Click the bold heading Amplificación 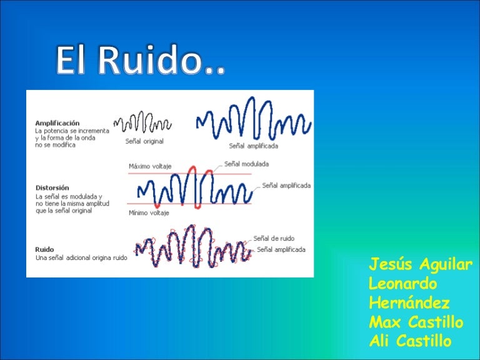tap(57, 122)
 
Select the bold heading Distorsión tap(52, 187)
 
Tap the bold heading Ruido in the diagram tap(44, 249)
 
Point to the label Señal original tap(144, 141)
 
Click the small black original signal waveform tap(141, 121)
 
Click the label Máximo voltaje tap(150, 166)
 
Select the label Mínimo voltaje tap(149, 212)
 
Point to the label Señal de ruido tap(274, 238)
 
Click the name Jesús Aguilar tap(421, 264)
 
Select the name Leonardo tap(403, 283)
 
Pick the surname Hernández tap(409, 303)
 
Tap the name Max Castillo tap(416, 322)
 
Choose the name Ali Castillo tap(411, 342)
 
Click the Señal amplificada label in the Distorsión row tap(286, 185)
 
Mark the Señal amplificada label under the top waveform tap(253, 146)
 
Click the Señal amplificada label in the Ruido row tap(281, 249)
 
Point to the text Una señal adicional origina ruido tap(81, 257)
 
